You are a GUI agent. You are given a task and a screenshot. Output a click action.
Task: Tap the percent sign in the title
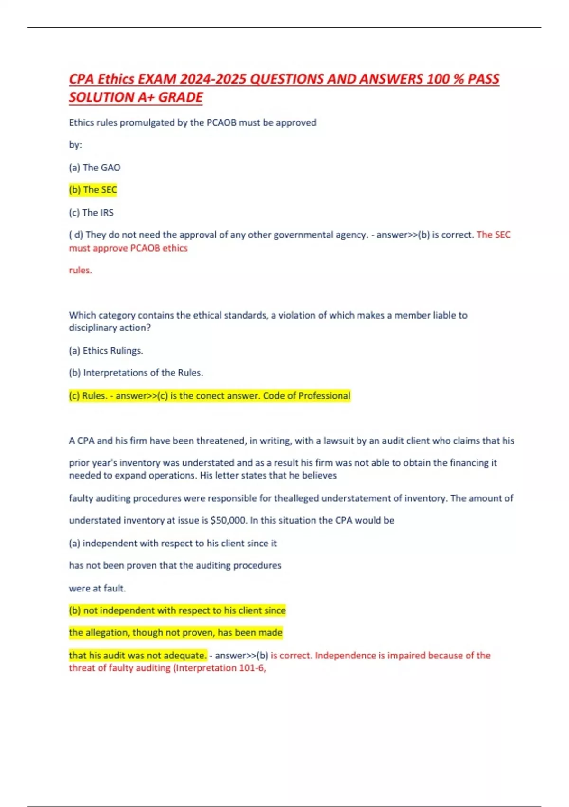(458, 79)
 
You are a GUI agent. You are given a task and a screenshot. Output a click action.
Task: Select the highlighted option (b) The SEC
(93, 190)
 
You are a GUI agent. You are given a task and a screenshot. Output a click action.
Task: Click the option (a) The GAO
(95, 168)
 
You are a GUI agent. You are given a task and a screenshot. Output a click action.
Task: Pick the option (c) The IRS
(92, 213)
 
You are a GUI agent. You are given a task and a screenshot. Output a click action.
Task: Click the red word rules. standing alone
(81, 270)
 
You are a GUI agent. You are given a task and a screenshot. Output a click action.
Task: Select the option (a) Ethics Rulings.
(106, 351)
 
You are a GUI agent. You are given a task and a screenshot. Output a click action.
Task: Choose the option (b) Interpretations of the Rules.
(136, 373)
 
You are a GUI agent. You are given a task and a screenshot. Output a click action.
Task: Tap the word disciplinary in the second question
(96, 328)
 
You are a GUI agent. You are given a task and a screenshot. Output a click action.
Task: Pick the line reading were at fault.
(97, 588)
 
